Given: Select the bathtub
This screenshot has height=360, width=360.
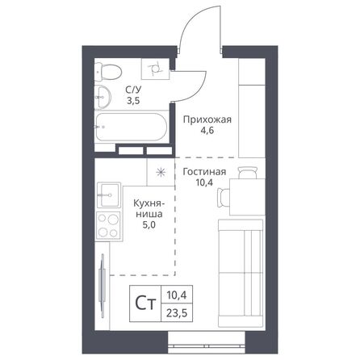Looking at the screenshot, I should pos(130,128).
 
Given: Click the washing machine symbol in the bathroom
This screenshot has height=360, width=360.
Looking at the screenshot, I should pos(153,70).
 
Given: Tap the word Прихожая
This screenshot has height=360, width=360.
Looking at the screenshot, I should pos(207,120).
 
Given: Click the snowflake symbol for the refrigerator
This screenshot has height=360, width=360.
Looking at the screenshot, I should pos(161,172).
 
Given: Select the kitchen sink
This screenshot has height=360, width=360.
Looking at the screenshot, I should pos(107,195).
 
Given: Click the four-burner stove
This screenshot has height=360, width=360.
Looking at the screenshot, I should pos(107,225).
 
